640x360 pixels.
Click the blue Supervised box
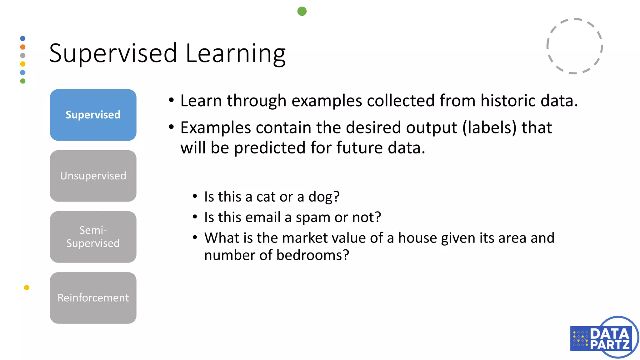coord(93,115)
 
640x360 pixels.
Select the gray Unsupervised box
coord(93,176)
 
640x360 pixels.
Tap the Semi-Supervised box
coord(93,237)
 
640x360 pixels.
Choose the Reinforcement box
coord(93,298)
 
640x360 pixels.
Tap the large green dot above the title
coord(302,11)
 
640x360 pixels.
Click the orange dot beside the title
coord(23,47)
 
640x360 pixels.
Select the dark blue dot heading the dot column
coord(23,38)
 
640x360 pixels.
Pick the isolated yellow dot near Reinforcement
coord(27,287)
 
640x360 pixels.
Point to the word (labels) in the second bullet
coord(489,128)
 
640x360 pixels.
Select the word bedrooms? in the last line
coord(312,255)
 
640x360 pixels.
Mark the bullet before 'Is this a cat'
coord(195,197)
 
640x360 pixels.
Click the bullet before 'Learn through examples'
coord(171,100)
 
